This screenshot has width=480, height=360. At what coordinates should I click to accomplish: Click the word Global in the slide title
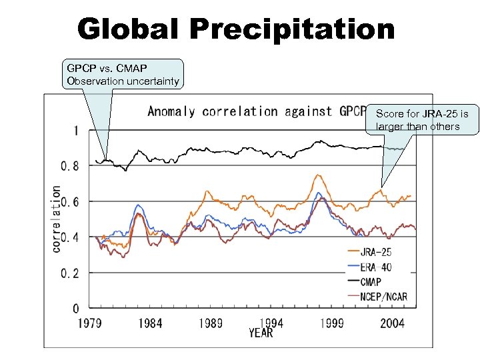tap(129, 29)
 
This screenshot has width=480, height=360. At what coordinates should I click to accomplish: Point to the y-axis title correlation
tap(57, 218)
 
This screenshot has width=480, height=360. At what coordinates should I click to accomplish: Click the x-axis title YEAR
tap(261, 332)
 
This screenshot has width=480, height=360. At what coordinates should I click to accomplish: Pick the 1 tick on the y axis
tap(75, 130)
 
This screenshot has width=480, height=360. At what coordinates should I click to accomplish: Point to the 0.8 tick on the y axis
tap(69, 165)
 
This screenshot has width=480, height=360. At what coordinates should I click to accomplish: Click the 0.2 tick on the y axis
tap(69, 273)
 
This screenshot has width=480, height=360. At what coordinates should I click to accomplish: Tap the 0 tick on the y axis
tap(75, 309)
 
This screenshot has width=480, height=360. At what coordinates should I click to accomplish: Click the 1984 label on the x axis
tap(151, 323)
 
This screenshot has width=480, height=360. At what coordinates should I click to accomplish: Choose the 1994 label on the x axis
tap(271, 323)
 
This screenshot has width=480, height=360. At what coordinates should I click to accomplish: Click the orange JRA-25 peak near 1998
tap(319, 175)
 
